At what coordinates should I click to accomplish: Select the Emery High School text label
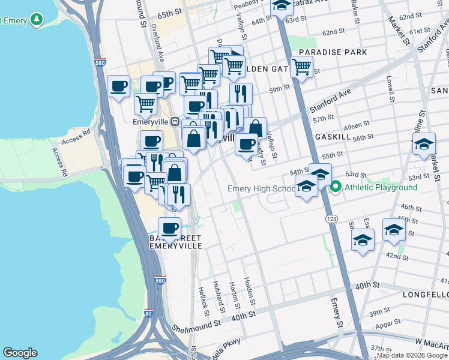click(261, 189)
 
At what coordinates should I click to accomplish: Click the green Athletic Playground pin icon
click(336, 187)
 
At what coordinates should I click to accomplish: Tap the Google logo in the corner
click(20, 353)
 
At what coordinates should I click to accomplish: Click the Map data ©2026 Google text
click(412, 355)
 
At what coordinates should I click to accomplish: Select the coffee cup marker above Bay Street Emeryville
click(169, 228)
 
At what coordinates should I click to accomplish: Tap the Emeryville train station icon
click(175, 121)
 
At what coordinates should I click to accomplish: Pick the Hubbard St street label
click(219, 295)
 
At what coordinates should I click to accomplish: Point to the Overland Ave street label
click(157, 42)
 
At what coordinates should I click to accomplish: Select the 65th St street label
click(170, 13)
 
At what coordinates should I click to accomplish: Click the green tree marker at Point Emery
click(37, 20)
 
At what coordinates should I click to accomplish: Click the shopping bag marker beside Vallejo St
click(255, 128)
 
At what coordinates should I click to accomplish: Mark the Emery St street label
click(335, 313)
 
